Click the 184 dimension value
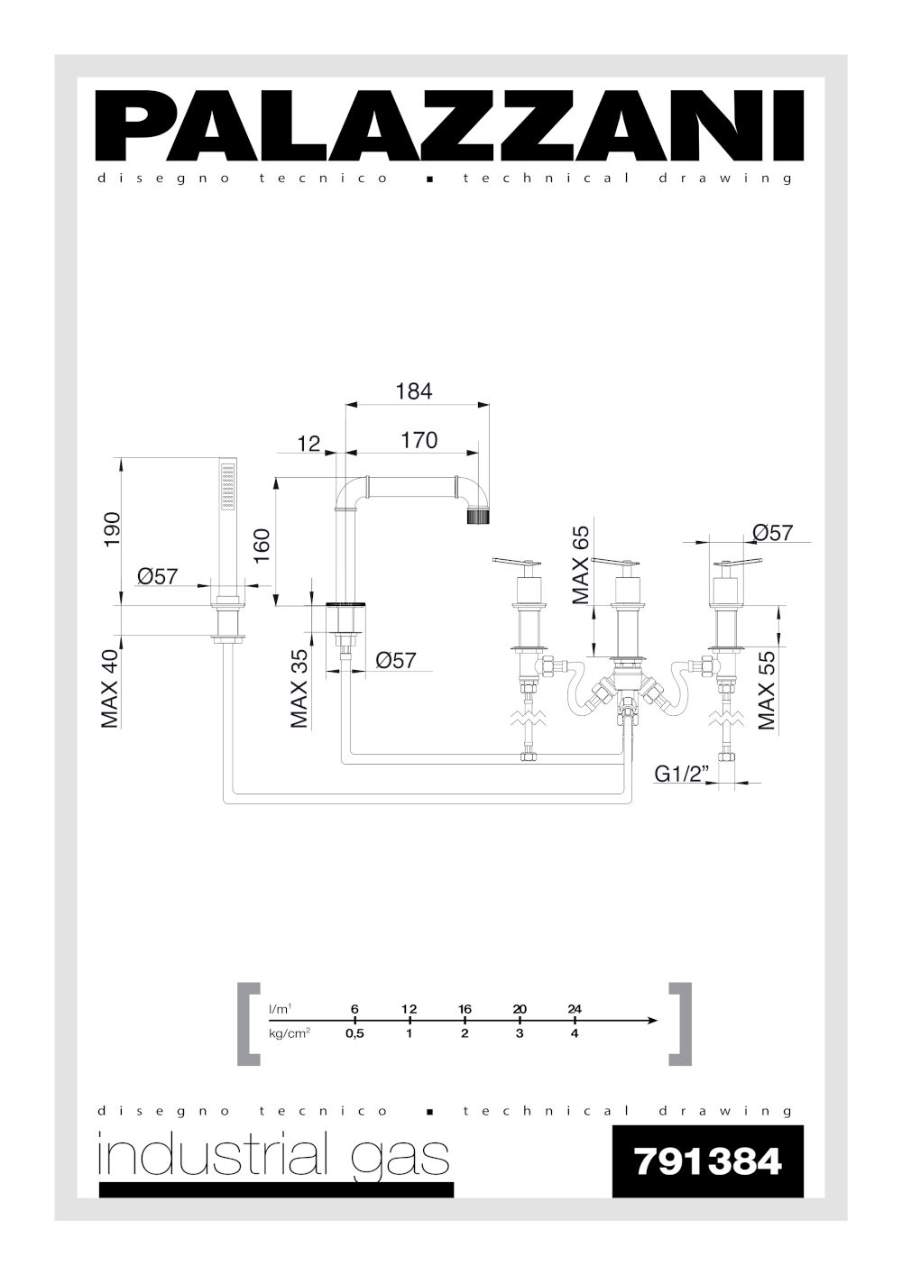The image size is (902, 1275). (x=414, y=391)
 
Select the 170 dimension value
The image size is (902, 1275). (x=419, y=440)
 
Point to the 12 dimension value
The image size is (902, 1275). (x=309, y=444)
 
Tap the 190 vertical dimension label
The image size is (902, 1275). (x=112, y=530)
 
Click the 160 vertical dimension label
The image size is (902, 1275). (x=262, y=546)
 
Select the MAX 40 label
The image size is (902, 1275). (x=110, y=689)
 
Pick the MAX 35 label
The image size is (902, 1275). (x=299, y=689)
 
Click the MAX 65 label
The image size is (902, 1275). (x=581, y=564)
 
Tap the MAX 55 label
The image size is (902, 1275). (x=767, y=691)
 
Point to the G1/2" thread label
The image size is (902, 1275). (x=680, y=774)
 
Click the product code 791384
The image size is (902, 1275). (x=708, y=1161)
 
